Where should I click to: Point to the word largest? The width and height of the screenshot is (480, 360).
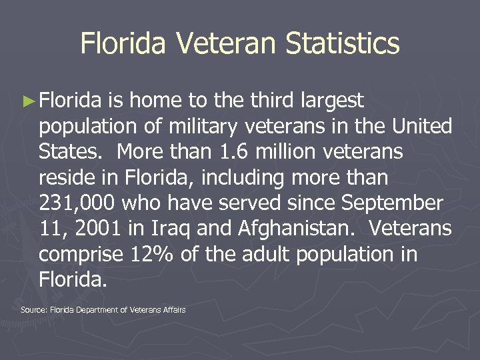332,101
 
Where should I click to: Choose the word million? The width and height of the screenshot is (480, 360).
283,152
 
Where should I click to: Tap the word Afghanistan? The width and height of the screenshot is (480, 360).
291,229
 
